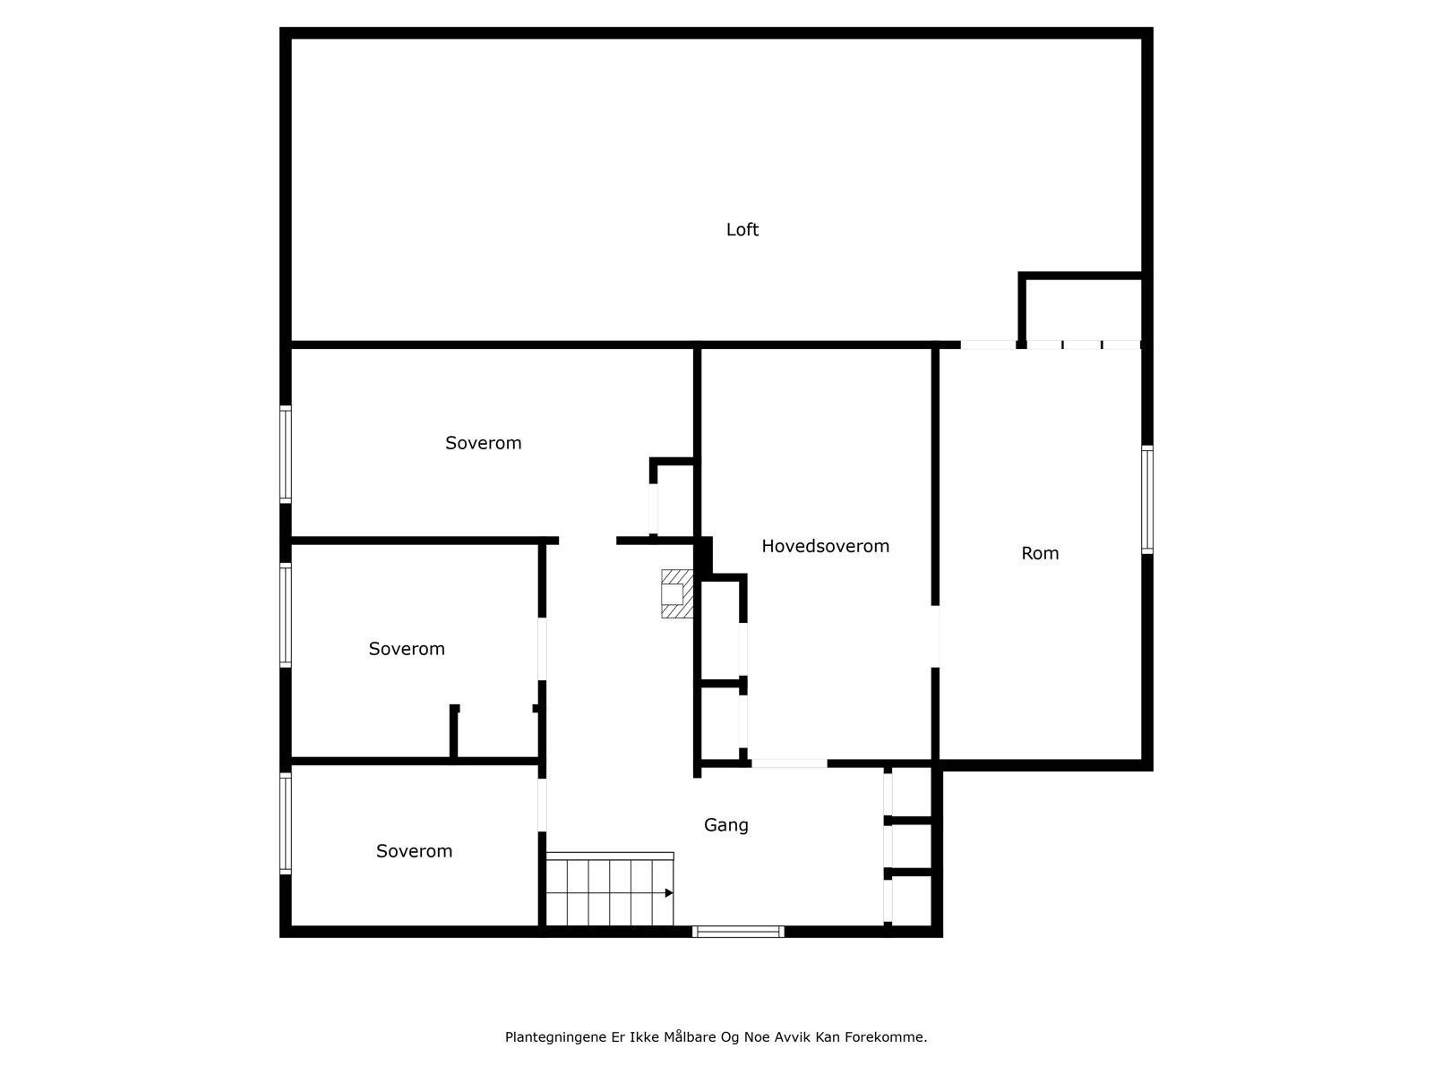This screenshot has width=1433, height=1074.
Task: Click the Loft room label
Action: (x=742, y=230)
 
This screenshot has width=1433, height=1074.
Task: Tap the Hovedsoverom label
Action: (x=825, y=546)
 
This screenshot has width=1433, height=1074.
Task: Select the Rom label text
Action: (x=1040, y=553)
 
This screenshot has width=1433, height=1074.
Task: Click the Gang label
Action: (x=725, y=825)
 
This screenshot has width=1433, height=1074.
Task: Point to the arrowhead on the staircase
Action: (x=668, y=892)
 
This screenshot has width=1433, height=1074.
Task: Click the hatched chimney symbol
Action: (x=677, y=594)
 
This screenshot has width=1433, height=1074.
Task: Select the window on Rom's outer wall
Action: (x=1146, y=499)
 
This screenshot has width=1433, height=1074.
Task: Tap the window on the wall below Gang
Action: (x=739, y=932)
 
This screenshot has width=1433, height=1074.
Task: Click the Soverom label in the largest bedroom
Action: (x=483, y=443)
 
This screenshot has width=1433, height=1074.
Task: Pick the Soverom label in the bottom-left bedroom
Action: (x=414, y=851)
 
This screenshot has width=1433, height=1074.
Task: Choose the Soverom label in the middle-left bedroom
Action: (x=407, y=649)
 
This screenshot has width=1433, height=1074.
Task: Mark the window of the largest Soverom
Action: (x=286, y=454)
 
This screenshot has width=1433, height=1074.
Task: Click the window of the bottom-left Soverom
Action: (x=286, y=823)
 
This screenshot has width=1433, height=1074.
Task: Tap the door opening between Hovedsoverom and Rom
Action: (x=935, y=636)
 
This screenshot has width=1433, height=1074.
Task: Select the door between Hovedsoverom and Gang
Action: (x=789, y=763)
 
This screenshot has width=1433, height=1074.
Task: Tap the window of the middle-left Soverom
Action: (x=286, y=615)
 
